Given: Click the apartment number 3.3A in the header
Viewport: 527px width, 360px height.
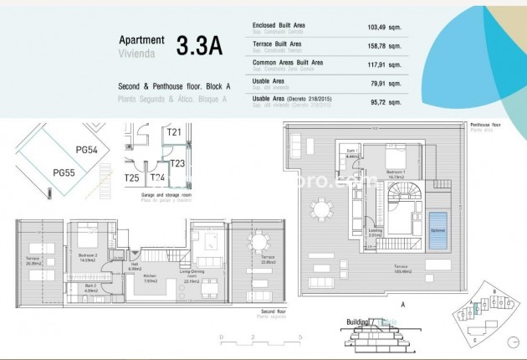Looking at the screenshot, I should coord(199,45).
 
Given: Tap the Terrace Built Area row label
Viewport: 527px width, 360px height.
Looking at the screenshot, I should coord(277,44).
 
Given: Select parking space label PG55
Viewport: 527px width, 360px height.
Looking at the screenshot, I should coord(64,172).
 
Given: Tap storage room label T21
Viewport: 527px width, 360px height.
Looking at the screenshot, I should coord(174,131).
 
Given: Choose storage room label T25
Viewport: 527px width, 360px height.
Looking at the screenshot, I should coord(132,178).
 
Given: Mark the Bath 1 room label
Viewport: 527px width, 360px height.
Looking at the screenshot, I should coord(352,153).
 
